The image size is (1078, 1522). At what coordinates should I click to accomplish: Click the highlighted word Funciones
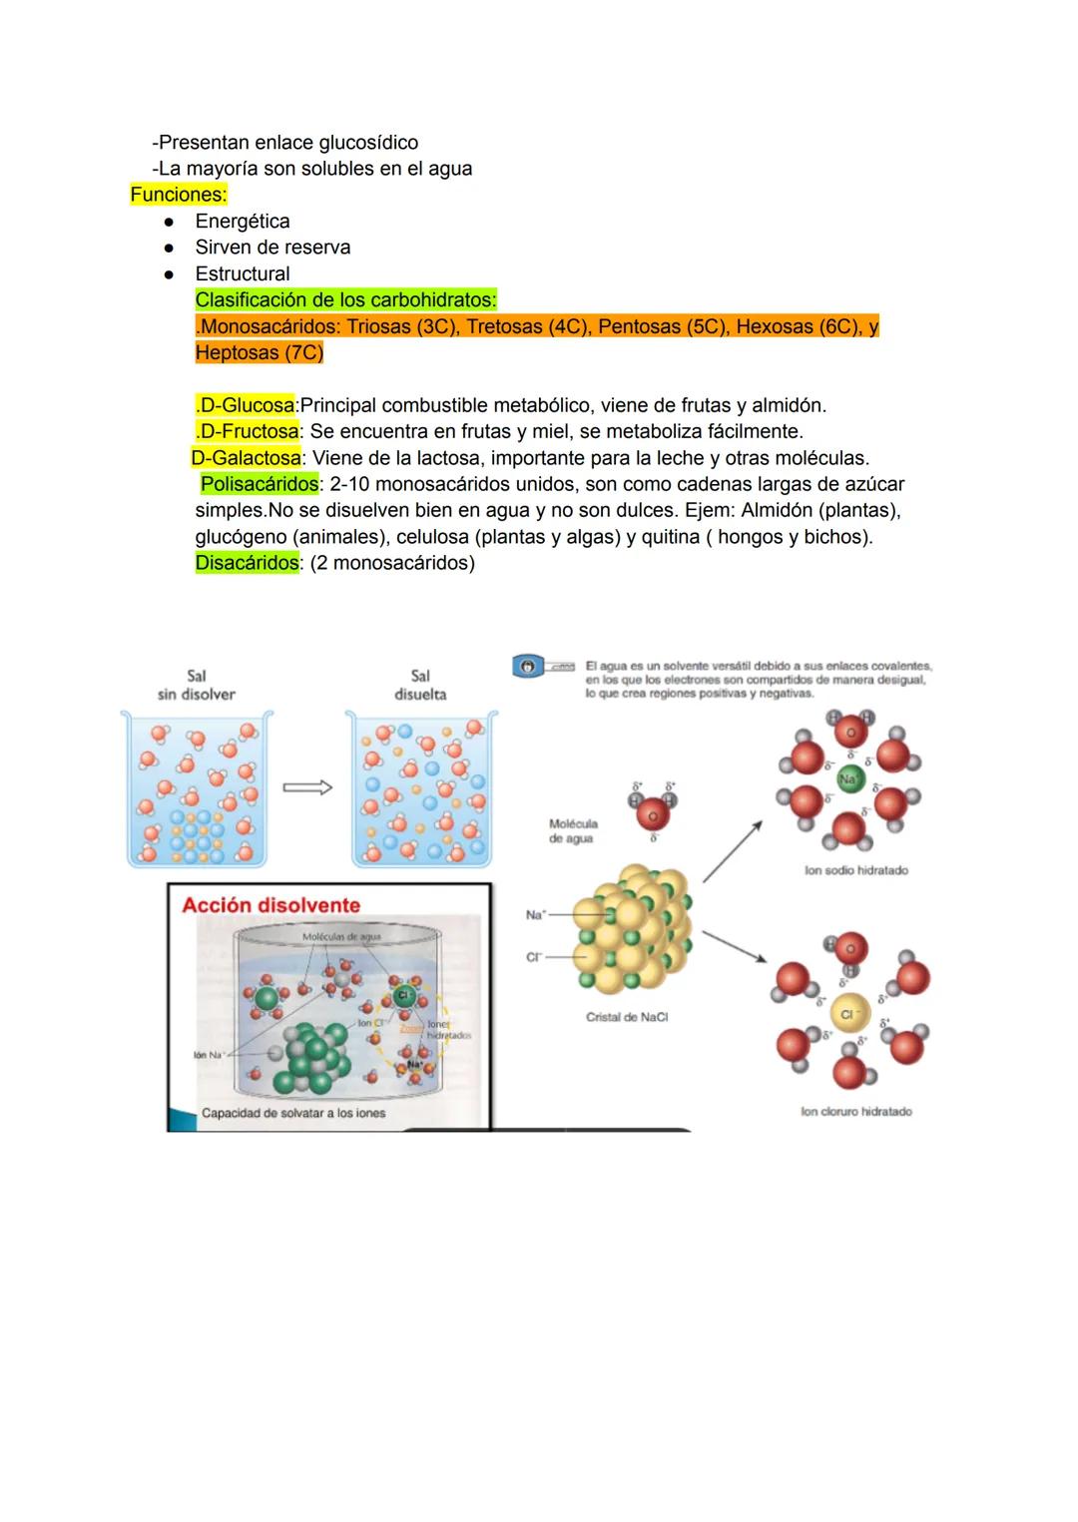click(x=179, y=195)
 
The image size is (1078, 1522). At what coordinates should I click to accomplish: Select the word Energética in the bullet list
click(x=243, y=222)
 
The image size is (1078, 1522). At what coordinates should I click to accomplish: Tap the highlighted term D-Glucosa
click(x=246, y=405)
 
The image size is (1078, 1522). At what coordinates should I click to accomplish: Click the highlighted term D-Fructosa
click(x=249, y=431)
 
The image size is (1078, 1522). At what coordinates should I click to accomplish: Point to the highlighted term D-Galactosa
click(x=247, y=458)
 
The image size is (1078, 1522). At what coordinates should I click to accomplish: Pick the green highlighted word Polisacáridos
click(x=260, y=484)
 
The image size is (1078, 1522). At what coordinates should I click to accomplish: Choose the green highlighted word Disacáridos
click(x=247, y=563)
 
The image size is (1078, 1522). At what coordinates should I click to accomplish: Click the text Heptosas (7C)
click(x=260, y=353)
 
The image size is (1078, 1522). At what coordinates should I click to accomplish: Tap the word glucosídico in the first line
click(x=365, y=143)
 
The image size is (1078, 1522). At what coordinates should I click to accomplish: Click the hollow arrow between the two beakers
click(x=307, y=788)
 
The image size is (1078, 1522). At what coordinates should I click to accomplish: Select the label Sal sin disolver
click(x=197, y=685)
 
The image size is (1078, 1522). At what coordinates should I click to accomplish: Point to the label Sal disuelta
click(x=420, y=685)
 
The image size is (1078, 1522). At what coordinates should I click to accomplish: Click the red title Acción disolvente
click(x=270, y=905)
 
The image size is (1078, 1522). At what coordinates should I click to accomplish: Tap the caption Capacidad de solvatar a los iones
click(x=293, y=1113)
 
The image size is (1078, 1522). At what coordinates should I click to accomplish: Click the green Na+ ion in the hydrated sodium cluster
click(x=849, y=779)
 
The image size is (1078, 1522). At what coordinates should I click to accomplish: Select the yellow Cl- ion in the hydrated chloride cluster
click(x=848, y=1014)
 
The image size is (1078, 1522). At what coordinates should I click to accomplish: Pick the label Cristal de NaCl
click(x=627, y=1017)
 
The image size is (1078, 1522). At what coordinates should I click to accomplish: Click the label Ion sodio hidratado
click(x=856, y=870)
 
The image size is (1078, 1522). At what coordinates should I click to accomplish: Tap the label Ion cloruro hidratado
click(x=856, y=1111)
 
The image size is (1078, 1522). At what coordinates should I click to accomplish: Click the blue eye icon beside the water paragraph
click(x=528, y=666)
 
